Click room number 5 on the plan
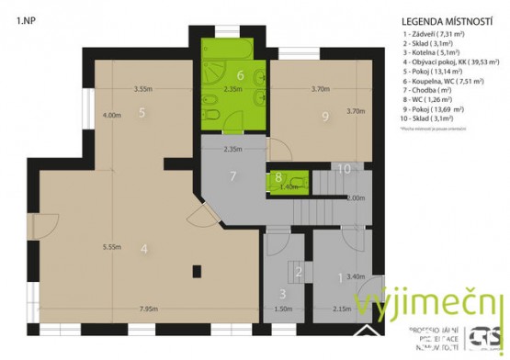(142, 113)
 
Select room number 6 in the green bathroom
(240, 75)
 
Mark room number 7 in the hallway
(233, 175)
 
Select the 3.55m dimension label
(142, 89)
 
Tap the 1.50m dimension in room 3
(281, 309)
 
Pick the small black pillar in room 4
(197, 270)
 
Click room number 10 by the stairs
(344, 168)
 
